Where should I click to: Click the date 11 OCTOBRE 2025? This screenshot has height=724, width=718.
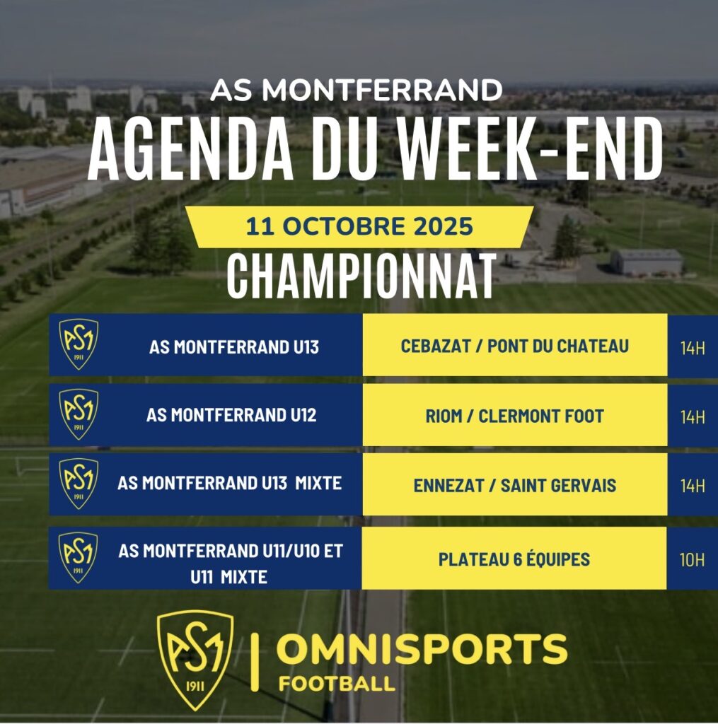pyautogui.click(x=359, y=226)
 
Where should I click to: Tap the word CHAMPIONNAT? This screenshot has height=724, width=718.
pyautogui.click(x=361, y=276)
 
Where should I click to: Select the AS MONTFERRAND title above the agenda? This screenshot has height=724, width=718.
pyautogui.click(x=357, y=90)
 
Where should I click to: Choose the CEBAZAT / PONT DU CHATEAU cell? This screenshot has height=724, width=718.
pyautogui.click(x=515, y=346)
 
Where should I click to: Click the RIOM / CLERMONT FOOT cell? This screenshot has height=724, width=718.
pyautogui.click(x=515, y=416)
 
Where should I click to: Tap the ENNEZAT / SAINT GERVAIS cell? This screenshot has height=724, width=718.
pyautogui.click(x=515, y=485)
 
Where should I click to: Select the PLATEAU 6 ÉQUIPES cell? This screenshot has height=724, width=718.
pyautogui.click(x=514, y=559)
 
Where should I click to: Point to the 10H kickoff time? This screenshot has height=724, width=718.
pyautogui.click(x=692, y=560)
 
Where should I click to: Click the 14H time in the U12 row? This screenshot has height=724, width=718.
pyautogui.click(x=693, y=417)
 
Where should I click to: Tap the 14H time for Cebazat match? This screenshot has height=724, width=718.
pyautogui.click(x=693, y=348)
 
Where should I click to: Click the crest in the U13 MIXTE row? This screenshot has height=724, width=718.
pyautogui.click(x=79, y=484)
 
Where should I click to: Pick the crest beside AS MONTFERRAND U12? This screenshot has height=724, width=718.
pyautogui.click(x=79, y=414)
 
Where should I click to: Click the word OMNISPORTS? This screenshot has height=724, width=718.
pyautogui.click(x=422, y=649)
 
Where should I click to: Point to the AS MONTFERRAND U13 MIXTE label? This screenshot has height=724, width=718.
pyautogui.click(x=230, y=483)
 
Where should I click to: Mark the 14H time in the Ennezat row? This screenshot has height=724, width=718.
pyautogui.click(x=693, y=486)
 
